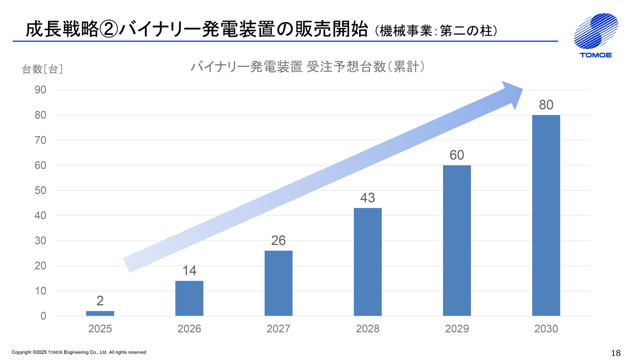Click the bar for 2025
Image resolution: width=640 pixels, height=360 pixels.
100,313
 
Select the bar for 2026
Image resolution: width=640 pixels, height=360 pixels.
189,298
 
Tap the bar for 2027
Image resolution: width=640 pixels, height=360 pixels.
278,283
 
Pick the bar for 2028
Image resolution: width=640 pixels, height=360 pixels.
367,262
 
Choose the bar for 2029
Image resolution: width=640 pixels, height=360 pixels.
456,240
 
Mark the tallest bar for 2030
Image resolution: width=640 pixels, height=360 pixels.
546,215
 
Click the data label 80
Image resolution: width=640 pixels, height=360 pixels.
546,105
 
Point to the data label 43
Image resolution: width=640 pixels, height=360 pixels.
367,198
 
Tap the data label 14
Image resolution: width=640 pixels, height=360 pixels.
189,271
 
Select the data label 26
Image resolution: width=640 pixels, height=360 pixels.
278,240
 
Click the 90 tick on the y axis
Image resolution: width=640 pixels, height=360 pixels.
40,90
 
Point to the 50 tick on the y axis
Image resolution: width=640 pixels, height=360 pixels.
40,190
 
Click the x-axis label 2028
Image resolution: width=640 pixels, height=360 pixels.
367,329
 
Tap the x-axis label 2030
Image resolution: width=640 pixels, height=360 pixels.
546,329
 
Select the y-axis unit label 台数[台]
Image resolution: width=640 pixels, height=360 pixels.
42,69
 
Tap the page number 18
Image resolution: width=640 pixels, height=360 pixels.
615,352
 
